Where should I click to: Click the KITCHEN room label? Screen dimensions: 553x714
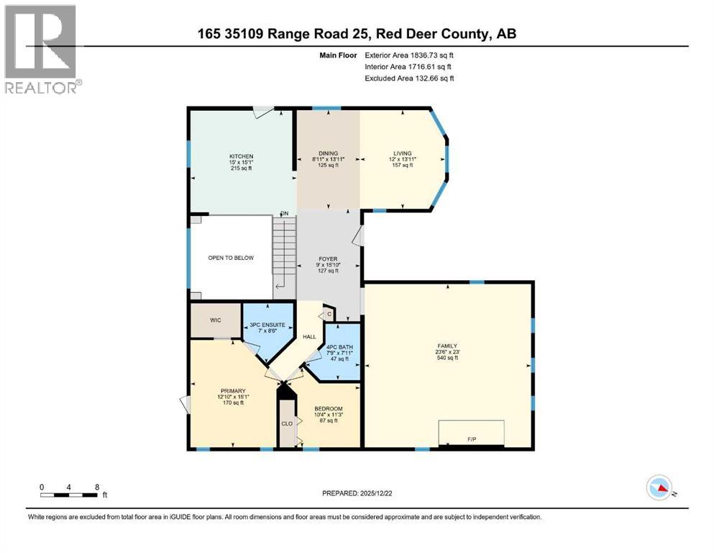[x=241, y=157]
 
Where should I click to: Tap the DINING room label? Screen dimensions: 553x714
[x=329, y=153]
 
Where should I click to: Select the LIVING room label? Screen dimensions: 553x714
[x=402, y=153]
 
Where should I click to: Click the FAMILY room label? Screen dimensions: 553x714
[x=447, y=346]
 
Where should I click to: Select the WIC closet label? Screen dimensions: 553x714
[x=214, y=319]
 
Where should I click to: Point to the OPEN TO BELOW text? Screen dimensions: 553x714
[x=231, y=258]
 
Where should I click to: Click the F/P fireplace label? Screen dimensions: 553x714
[x=472, y=439]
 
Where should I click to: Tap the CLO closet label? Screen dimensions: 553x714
[x=285, y=423]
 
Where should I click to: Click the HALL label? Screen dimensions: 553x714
[x=309, y=337]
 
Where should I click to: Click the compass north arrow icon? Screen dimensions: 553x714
[x=659, y=488]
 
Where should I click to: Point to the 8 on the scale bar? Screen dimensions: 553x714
[x=96, y=486]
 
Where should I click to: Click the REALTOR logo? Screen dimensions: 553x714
[x=42, y=50]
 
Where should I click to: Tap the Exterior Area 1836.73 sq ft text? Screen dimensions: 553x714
[x=409, y=55]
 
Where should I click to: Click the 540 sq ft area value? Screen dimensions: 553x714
[x=447, y=358]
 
